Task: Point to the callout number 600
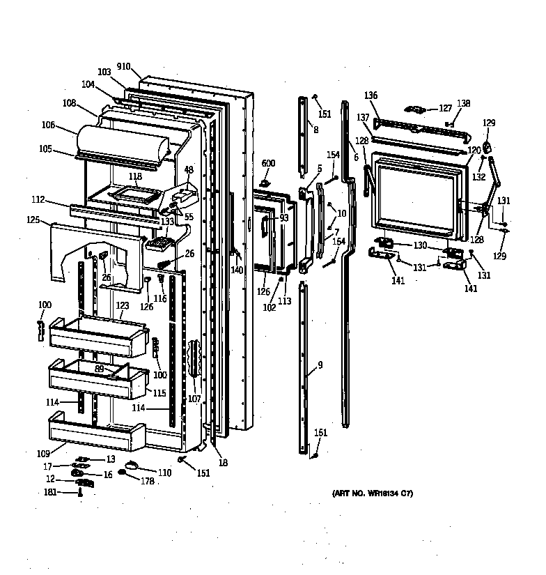point(269,163)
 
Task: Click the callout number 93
point(283,217)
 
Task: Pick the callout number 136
point(371,95)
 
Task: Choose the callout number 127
point(444,108)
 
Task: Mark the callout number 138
point(463,103)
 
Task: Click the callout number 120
point(474,150)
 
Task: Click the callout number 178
point(148,480)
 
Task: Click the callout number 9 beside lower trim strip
point(320,365)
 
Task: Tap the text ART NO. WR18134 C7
point(373,494)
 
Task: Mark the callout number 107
point(194,399)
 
